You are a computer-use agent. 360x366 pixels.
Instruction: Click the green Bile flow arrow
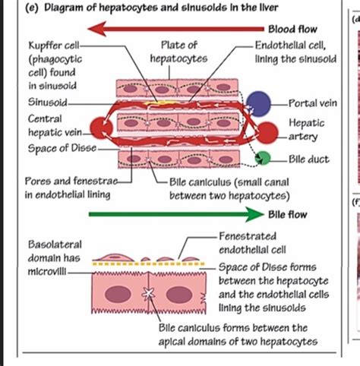tap(175, 215)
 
